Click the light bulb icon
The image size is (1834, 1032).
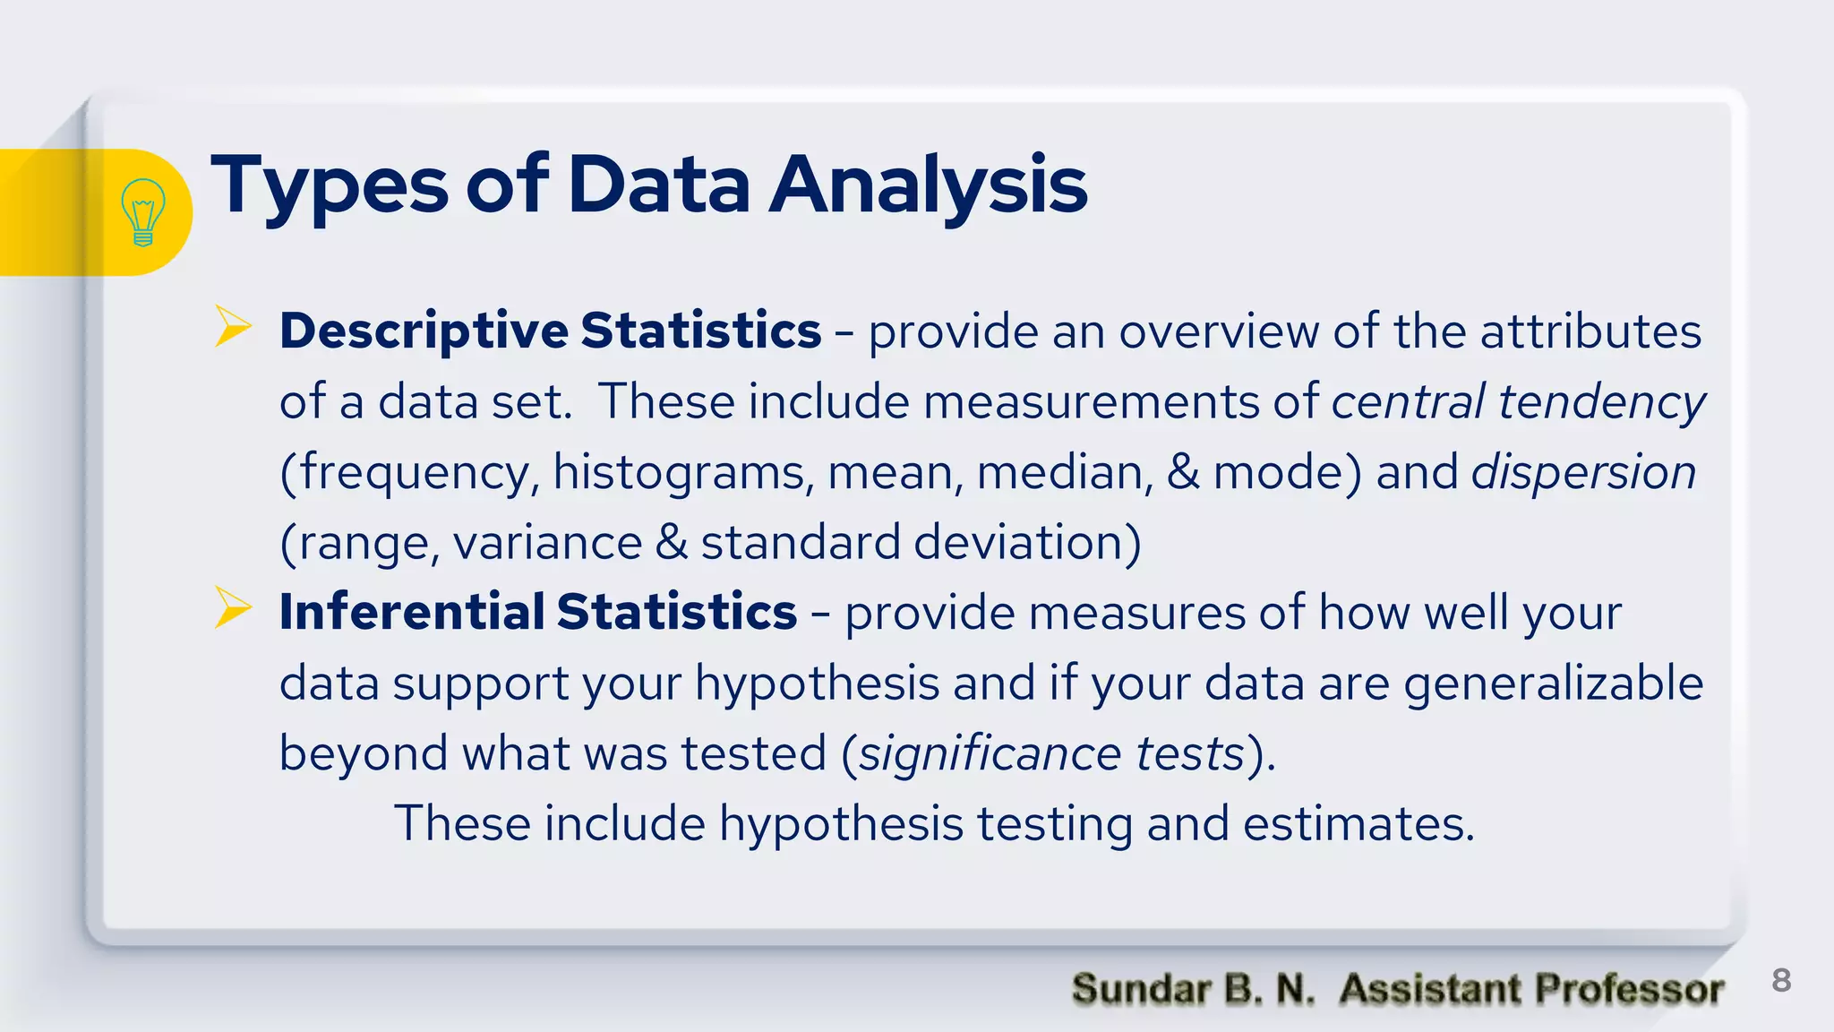click(142, 212)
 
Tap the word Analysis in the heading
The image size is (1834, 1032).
click(929, 185)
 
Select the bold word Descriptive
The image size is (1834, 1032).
click(424, 331)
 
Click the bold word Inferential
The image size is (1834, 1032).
click(411, 613)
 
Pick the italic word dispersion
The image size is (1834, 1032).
click(1583, 472)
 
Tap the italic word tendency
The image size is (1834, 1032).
click(1602, 402)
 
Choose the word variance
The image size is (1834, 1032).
click(547, 543)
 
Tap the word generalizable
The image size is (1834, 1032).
click(1553, 684)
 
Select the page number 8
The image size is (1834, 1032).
click(1781, 980)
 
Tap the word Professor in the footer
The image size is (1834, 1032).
click(1629, 989)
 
